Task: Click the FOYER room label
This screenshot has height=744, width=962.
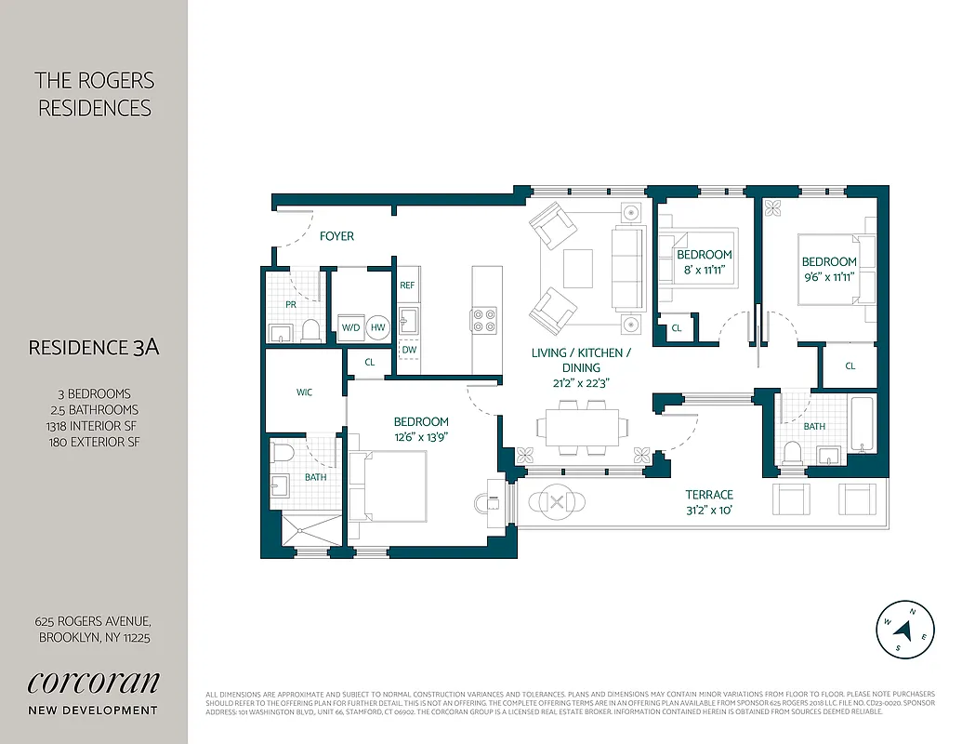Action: pyautogui.click(x=336, y=236)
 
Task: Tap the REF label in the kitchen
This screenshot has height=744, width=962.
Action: pyautogui.click(x=407, y=286)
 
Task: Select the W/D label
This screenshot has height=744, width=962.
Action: pyautogui.click(x=350, y=327)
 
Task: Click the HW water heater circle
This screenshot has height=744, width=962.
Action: pyautogui.click(x=377, y=327)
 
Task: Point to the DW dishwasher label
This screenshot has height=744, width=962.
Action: pyautogui.click(x=408, y=350)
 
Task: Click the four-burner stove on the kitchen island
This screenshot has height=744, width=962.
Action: pyautogui.click(x=485, y=320)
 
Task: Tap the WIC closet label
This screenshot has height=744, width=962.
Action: pyautogui.click(x=304, y=392)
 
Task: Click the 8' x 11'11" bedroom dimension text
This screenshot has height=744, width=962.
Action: pyautogui.click(x=704, y=270)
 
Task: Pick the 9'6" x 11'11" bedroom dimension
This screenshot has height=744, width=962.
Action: pyautogui.click(x=829, y=276)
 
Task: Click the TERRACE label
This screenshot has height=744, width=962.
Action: pyautogui.click(x=709, y=495)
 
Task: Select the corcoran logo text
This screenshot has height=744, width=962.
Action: pyautogui.click(x=93, y=682)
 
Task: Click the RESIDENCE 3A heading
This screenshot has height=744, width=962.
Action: pyautogui.click(x=94, y=348)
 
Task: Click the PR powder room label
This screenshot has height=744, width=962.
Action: pyautogui.click(x=291, y=304)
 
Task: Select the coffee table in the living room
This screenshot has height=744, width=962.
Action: pyautogui.click(x=577, y=268)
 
